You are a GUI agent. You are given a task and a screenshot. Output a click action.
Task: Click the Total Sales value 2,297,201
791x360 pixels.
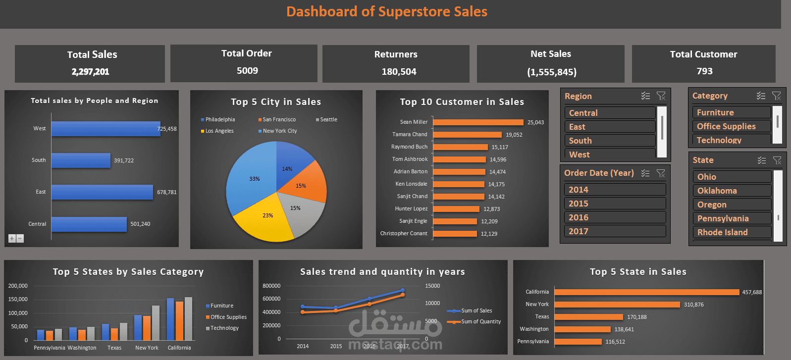[x=90, y=72]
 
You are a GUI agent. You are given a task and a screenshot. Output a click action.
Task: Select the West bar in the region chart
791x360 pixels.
[x=105, y=129]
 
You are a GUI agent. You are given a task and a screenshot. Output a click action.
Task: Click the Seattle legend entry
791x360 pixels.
[x=328, y=120]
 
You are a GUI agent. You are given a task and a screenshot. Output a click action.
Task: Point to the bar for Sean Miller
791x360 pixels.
[x=478, y=122]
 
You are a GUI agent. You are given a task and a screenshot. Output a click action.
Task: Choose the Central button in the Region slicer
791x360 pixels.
[x=610, y=113]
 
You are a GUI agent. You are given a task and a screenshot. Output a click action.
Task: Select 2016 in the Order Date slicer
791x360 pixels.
[x=614, y=217]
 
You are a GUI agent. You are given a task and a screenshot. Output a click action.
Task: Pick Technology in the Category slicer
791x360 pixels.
[x=731, y=140]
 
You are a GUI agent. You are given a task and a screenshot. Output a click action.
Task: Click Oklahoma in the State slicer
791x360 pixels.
[x=731, y=191]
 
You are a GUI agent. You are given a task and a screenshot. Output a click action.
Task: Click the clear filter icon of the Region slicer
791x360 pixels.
[x=661, y=96]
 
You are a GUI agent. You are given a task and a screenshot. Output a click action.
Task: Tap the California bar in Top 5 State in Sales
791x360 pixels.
[x=646, y=292]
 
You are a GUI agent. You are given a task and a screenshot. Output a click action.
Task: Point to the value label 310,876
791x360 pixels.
[x=693, y=305]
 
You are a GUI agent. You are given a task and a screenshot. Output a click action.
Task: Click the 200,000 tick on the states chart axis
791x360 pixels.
[x=18, y=286]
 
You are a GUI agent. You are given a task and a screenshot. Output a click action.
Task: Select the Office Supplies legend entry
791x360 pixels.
[x=228, y=317]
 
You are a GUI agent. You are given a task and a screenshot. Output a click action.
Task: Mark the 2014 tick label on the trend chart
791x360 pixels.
[x=303, y=346]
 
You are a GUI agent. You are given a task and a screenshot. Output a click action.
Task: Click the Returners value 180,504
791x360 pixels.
[x=399, y=72]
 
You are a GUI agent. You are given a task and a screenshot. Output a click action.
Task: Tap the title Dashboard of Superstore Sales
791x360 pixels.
[x=387, y=12]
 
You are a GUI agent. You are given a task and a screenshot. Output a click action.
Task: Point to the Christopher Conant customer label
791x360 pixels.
[x=404, y=233]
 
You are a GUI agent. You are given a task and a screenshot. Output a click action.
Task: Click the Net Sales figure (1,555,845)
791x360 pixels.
[x=552, y=72]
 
